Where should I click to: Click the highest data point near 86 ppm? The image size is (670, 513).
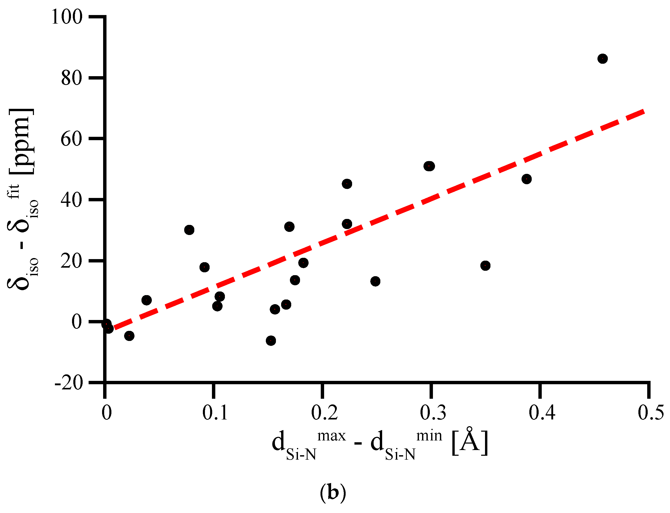coord(602,59)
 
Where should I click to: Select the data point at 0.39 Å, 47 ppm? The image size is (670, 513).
coord(526,179)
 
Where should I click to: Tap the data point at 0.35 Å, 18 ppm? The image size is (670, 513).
coord(485,266)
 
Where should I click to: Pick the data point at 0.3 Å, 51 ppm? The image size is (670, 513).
coord(429,166)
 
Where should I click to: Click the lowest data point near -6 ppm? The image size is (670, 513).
coord(271,340)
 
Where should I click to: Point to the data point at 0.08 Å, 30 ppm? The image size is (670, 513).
coord(189,230)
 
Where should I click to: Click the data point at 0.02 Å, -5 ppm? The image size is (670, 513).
coord(129,336)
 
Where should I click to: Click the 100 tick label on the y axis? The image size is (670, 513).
coord(67,17)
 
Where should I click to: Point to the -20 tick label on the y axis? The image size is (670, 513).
coord(69,383)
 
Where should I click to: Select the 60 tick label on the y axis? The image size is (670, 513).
coord(72,139)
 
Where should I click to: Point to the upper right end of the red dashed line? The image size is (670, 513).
coord(644,111)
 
